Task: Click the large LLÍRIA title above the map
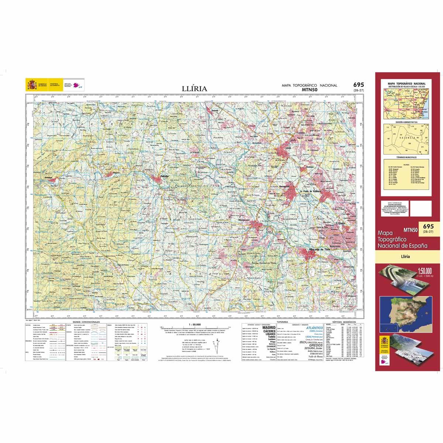(x=194, y=89)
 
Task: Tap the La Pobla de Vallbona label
(x=312, y=191)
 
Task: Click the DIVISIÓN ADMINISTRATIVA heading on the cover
(x=406, y=121)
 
